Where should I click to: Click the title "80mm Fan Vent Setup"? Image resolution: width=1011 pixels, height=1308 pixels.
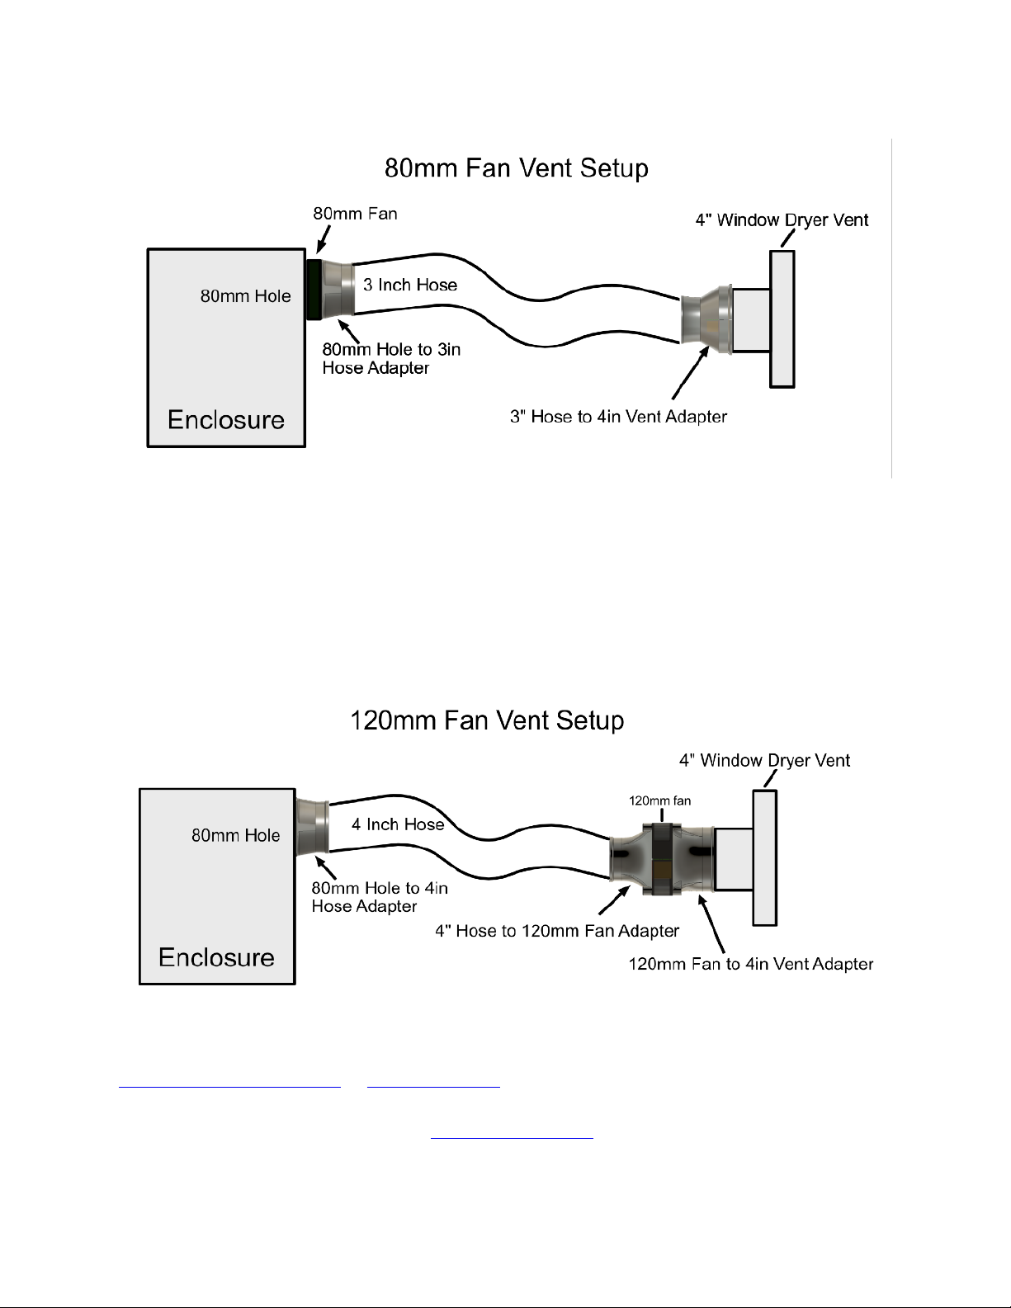pos(517,168)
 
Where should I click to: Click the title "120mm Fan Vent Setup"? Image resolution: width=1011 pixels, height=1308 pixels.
pos(487,720)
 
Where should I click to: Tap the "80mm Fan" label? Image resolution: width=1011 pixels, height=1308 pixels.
pos(355,214)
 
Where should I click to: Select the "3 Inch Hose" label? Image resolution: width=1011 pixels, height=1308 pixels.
pos(410,285)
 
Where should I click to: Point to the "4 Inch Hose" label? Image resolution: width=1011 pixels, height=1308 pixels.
pos(398,824)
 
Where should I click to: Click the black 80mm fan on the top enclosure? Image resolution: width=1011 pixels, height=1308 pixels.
pos(314,290)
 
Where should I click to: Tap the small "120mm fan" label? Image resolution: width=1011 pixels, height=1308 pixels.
pos(659,800)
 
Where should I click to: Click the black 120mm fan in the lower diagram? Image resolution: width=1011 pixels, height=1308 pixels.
pos(662,859)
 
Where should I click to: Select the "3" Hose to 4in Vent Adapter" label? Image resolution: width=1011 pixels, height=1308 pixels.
pos(618,417)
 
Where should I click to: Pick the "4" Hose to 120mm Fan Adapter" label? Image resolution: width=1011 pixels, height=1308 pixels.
pos(556,931)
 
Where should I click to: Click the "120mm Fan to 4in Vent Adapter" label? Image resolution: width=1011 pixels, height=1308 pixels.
pos(750,964)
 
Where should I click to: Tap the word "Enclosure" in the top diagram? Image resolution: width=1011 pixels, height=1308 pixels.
pos(225,419)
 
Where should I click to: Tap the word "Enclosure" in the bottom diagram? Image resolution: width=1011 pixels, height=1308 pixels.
pos(216,957)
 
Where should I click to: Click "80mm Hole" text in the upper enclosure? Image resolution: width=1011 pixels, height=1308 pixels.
pos(246,296)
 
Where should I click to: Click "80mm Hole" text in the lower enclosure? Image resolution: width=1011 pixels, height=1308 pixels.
pos(235,835)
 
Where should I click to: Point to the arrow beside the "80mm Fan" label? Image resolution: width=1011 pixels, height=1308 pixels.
pos(324,239)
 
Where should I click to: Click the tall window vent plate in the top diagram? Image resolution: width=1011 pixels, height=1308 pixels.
pos(782,319)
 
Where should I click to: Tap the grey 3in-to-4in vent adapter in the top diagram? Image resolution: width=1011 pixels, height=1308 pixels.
pos(706,319)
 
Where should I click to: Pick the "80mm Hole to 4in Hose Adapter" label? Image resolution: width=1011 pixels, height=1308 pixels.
pos(379,897)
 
